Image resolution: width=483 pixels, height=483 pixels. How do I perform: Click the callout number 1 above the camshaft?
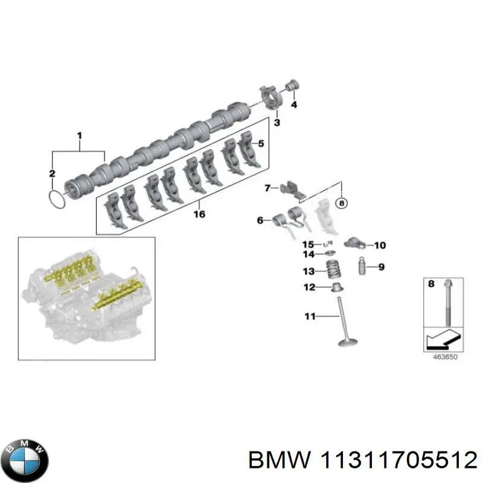pyautogui.click(x=78, y=136)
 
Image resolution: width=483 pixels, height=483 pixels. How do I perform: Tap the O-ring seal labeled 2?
pyautogui.click(x=56, y=200)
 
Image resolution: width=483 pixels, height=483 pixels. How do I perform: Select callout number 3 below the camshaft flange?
pyautogui.click(x=277, y=123)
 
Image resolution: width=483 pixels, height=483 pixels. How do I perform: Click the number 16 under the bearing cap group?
pyautogui.click(x=199, y=214)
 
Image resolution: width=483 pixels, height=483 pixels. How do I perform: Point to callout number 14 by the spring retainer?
pyautogui.click(x=308, y=245)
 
